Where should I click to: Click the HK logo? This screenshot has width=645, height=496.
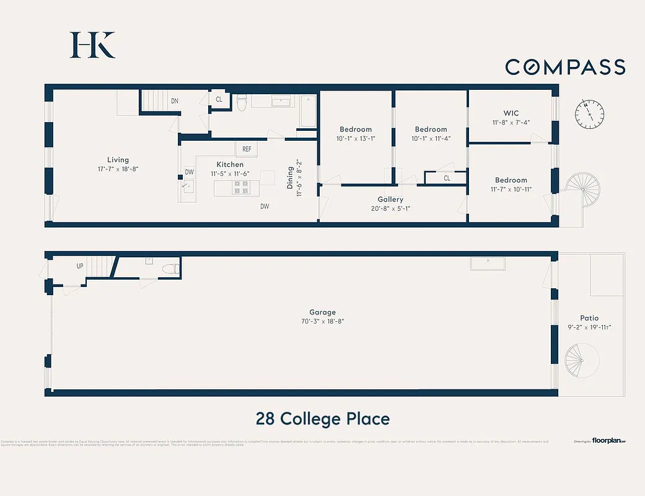click(x=93, y=45)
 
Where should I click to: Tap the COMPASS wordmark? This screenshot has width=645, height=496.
click(x=565, y=67)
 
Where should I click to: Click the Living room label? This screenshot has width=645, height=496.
click(x=118, y=160)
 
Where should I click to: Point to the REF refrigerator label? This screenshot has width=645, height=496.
click(x=247, y=149)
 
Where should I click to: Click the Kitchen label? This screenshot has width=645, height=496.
click(x=230, y=164)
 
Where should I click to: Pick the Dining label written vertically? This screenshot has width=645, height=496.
click(x=290, y=177)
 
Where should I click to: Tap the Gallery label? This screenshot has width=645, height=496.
click(x=390, y=200)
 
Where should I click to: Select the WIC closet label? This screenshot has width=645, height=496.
click(x=511, y=113)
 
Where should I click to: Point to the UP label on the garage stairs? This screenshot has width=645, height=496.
click(x=80, y=266)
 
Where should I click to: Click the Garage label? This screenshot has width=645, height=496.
click(x=322, y=312)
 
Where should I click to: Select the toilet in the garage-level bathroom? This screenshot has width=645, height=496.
click(x=172, y=269)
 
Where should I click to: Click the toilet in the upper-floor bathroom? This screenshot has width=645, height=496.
click(x=242, y=103)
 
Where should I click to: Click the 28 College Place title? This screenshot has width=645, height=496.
click(x=322, y=418)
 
